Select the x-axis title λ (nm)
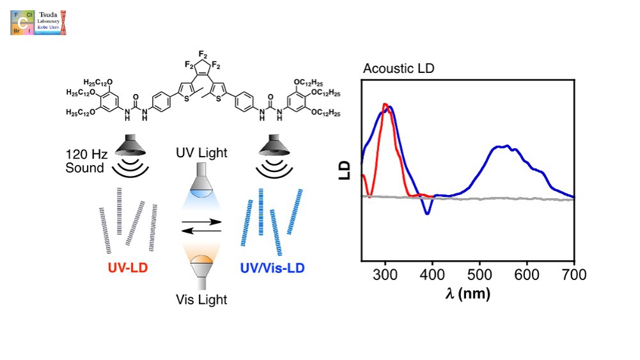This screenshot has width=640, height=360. (468, 293)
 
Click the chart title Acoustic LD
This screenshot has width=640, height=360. (398, 68)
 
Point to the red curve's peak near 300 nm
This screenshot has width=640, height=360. (385, 104)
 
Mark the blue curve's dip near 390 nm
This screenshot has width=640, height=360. (427, 214)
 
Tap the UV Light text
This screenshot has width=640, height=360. (201, 153)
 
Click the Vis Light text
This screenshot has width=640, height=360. (201, 299)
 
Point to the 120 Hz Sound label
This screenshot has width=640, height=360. (84, 161)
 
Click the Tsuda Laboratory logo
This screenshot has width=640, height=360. (38, 22)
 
